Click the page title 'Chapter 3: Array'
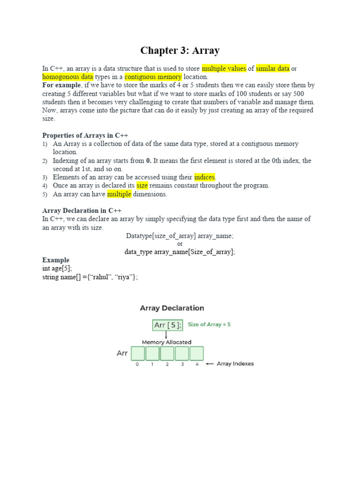pos(180,51)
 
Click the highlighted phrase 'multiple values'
pos(224,68)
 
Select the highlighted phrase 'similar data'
pos(272,68)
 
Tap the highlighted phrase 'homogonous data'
pos(68,77)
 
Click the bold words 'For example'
pos(61,85)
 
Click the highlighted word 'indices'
pos(204,177)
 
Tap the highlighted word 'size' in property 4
pos(142,186)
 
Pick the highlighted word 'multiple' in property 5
pos(119,194)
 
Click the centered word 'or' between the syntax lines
pos(180,244)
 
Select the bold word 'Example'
pos(56,260)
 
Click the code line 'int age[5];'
pos(57,269)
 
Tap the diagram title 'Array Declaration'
pos(172,308)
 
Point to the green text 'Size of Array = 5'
pos(210,324)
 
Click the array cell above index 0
pos(137,353)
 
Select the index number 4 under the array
pos(197,364)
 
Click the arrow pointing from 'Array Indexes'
pos(210,364)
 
